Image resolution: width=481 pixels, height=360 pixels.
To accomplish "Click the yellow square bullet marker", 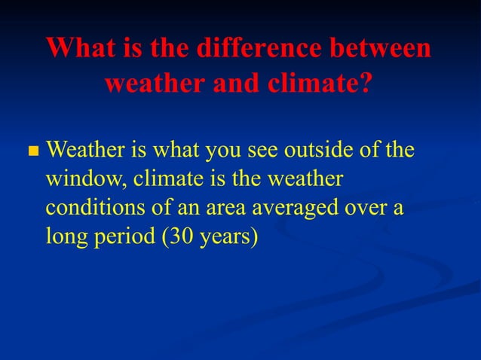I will pyautogui.click(x=32, y=152).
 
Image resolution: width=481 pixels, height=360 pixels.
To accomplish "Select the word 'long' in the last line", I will pyautogui.click(x=63, y=236).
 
